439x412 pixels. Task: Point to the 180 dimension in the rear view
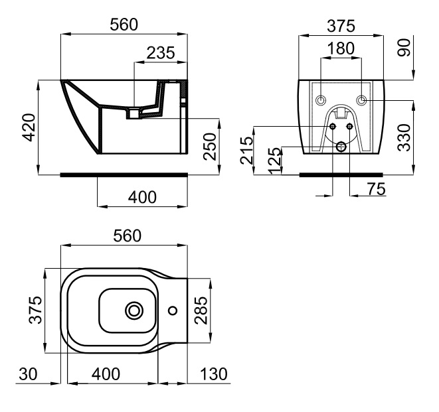coord(341,49)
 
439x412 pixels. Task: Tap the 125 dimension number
coord(272,161)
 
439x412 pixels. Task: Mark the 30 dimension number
coord(27,374)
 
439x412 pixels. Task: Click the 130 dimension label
coord(213,374)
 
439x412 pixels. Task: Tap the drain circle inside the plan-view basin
coord(134,310)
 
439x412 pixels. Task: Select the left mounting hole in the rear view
coord(321,100)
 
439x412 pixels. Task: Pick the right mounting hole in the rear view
coord(361,100)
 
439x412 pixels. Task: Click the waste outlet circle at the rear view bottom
coord(341,147)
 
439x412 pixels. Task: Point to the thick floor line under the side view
coord(124,175)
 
